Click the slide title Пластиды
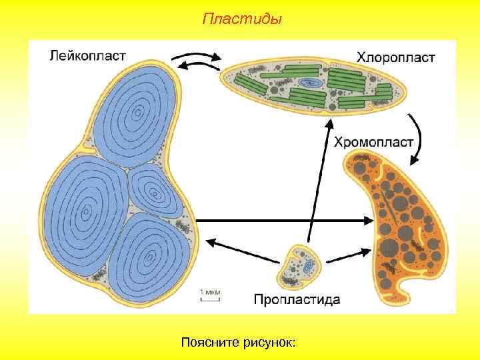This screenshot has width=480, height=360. click(x=243, y=19)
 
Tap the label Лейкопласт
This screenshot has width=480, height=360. click(x=87, y=55)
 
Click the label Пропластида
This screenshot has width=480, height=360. click(x=297, y=299)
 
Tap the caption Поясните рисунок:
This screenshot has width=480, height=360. click(x=238, y=343)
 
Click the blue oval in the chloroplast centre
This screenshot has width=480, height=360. click(x=309, y=83)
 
